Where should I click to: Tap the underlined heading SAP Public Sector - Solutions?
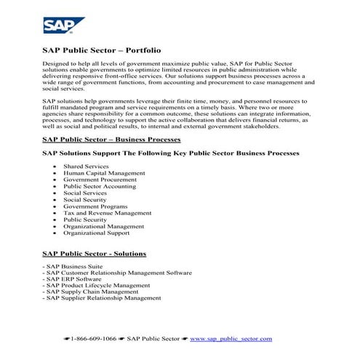tap(94, 254)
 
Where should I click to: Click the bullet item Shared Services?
tap(86, 167)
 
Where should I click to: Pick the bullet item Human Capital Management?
tap(103, 174)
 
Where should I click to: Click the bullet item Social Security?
tap(86, 200)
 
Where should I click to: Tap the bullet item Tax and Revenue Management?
tap(106, 213)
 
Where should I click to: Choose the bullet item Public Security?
tap(85, 220)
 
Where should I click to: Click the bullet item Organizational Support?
tap(96, 233)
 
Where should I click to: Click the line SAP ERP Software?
tap(72, 279)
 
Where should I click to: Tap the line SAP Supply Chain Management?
tap(90, 292)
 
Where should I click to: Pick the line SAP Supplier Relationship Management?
tap(102, 298)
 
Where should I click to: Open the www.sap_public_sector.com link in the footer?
tap(231, 339)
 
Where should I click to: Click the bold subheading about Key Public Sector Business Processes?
tap(169, 153)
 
